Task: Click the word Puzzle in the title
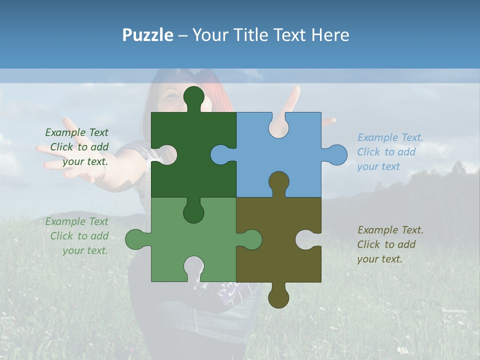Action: coord(147,35)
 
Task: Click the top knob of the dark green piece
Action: coord(194,97)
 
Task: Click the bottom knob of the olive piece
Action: coord(278,296)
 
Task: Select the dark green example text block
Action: coord(77,147)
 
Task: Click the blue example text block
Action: coord(390,152)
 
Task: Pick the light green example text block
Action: coord(77,236)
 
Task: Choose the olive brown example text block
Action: coord(390,244)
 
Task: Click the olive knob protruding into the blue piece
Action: coord(278,182)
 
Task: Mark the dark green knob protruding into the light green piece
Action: coord(194,212)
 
